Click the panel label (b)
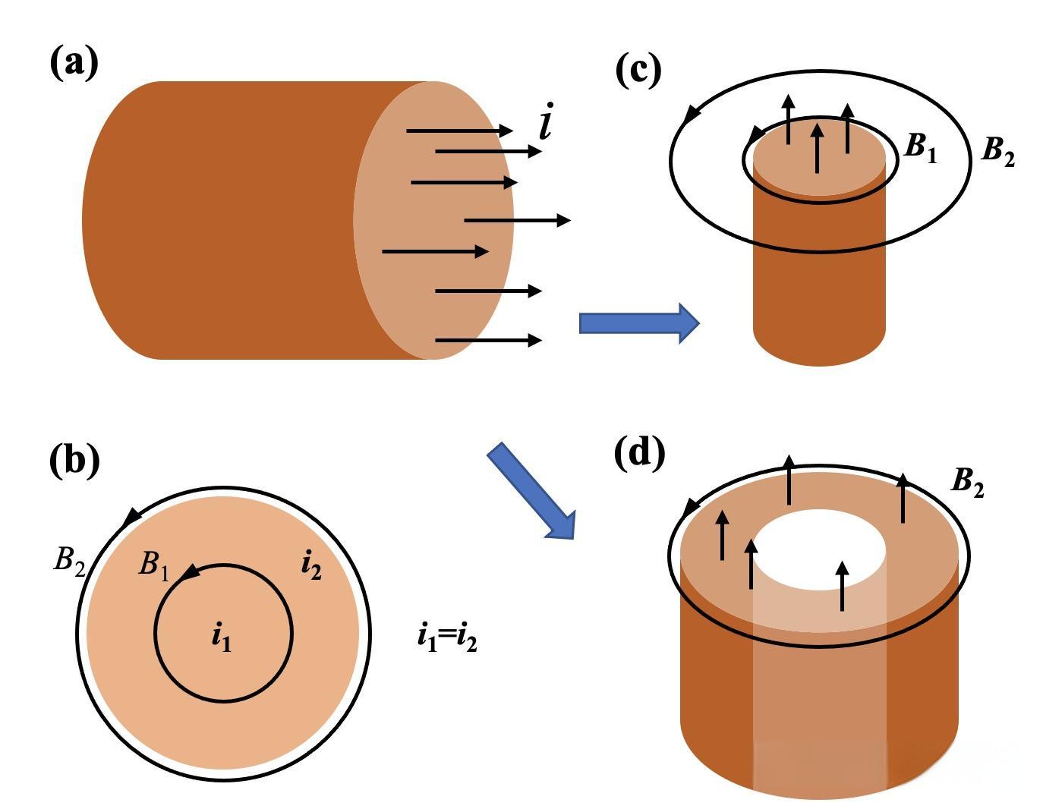pyautogui.click(x=75, y=461)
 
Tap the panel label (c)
pyautogui.click(x=638, y=71)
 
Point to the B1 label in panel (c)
pyautogui.click(x=919, y=148)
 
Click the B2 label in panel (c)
pyautogui.click(x=998, y=152)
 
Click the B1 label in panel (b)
pyautogui.click(x=153, y=566)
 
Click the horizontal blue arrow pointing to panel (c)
pyautogui.click(x=639, y=323)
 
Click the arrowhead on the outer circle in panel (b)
pyautogui.click(x=133, y=517)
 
